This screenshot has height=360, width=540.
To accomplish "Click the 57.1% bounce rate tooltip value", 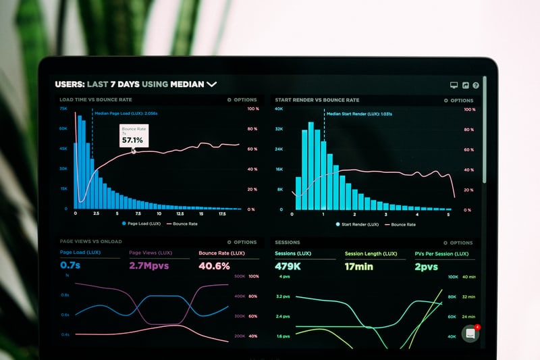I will coord(132,140).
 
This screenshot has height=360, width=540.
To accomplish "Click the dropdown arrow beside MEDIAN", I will coord(212,84).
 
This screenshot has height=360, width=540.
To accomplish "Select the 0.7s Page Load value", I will coord(70,265).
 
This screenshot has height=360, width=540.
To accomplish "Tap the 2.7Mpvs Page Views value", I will coord(148,265).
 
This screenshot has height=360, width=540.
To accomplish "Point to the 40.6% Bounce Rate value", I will coord(215,265).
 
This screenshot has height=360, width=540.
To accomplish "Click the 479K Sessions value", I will coord(288,266).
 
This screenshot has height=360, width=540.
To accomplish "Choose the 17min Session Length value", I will coord(359,266).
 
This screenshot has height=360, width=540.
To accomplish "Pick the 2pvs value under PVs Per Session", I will coord(427,266).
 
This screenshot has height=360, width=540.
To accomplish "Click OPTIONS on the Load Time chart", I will coord(242,100).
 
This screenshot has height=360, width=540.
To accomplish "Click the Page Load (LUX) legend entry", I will coord(141,223).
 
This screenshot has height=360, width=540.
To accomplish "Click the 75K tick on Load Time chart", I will coord(63,108).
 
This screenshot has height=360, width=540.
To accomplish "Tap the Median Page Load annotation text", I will coord(126,113).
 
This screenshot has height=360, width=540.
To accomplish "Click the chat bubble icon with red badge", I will coord(470,333).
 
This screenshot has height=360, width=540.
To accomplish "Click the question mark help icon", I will coord(476,86).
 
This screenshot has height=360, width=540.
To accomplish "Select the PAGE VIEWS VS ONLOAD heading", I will coord(90,241).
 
